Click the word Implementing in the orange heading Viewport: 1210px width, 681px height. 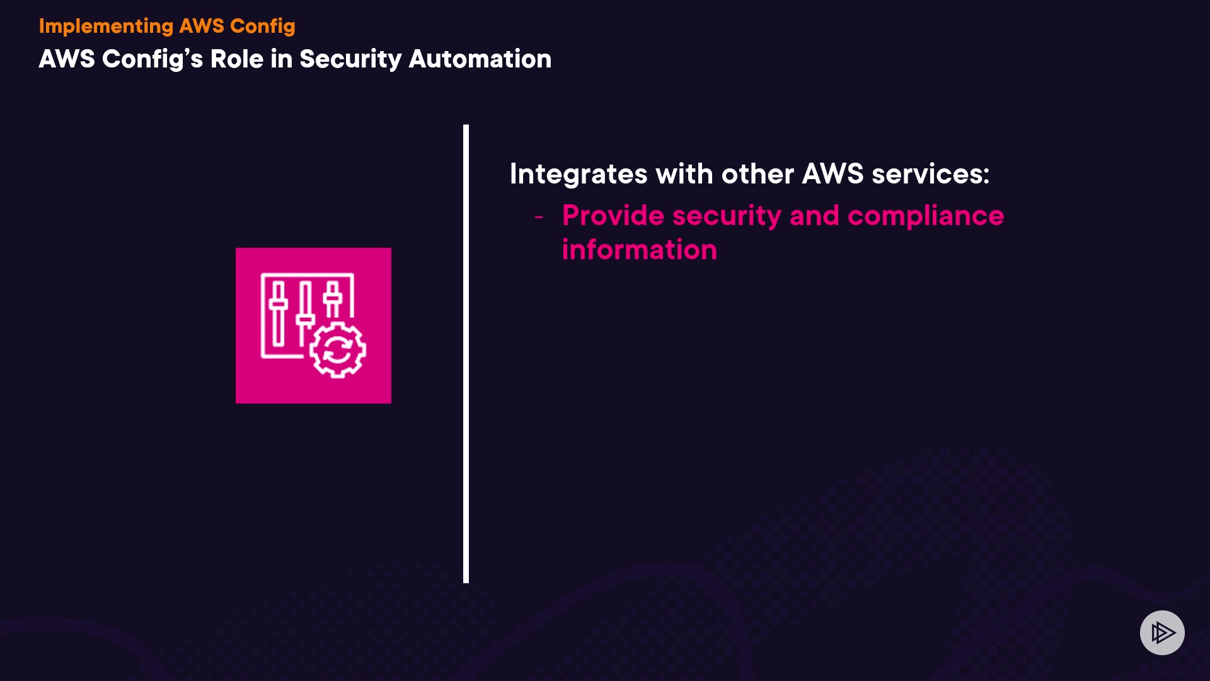(x=106, y=26)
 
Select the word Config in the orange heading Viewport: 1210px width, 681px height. (x=262, y=26)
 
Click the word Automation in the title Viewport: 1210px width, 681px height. (x=480, y=59)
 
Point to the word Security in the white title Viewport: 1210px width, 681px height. (x=350, y=59)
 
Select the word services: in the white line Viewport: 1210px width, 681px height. (x=930, y=174)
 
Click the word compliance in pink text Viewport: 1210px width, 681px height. (x=925, y=216)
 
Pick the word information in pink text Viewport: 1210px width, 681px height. (x=639, y=250)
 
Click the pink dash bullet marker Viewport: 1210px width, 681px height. (x=539, y=217)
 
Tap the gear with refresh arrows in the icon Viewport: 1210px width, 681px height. (x=338, y=350)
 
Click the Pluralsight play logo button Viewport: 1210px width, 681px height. (x=1161, y=632)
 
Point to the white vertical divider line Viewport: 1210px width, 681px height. (x=466, y=353)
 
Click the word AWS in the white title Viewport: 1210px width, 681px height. (x=66, y=59)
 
